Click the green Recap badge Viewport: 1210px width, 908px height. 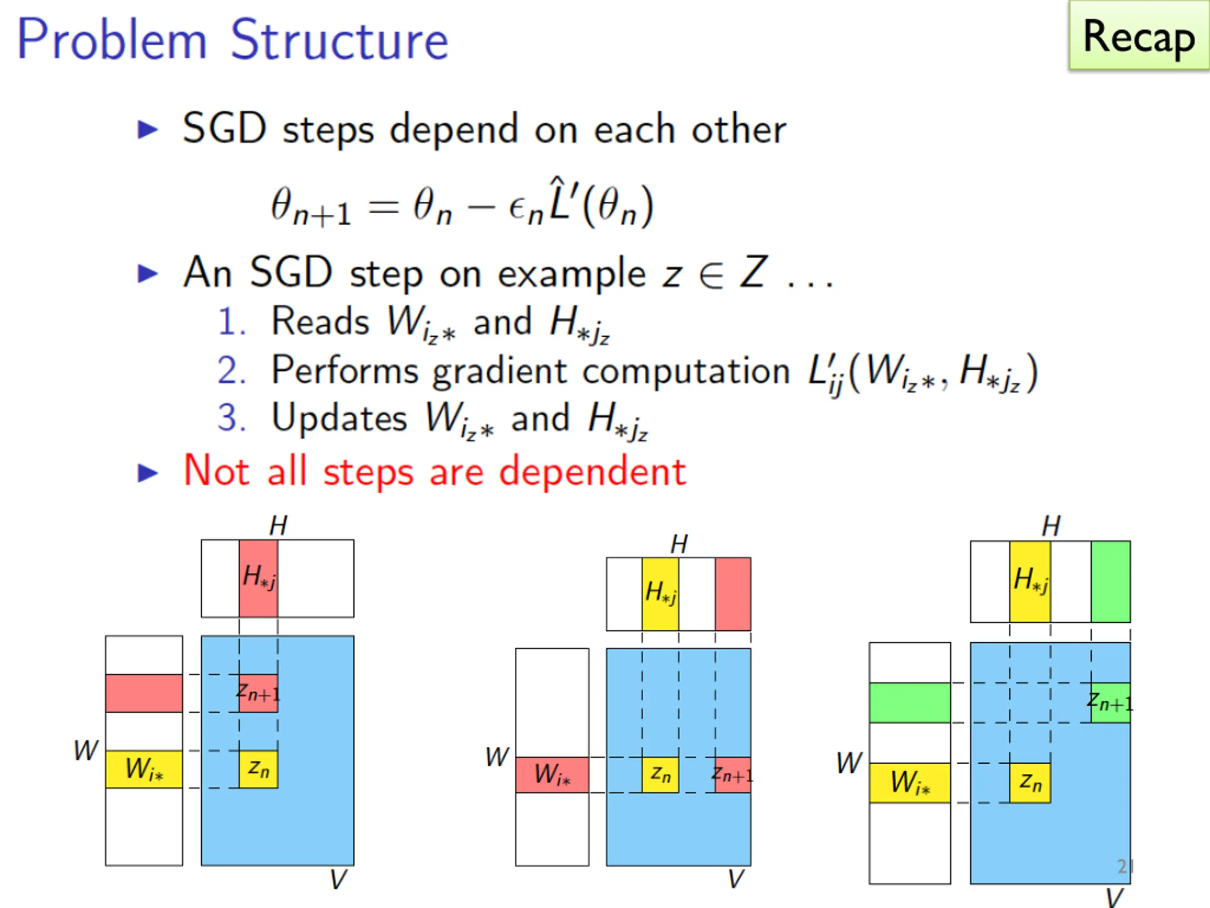pos(1140,35)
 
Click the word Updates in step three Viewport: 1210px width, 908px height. pos(339,419)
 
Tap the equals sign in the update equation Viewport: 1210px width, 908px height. pos(383,208)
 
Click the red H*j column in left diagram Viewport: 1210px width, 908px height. pos(258,578)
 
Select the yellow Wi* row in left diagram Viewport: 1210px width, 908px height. pos(144,769)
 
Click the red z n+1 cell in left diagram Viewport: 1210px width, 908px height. pos(258,693)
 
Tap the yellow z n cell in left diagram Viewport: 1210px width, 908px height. pos(258,769)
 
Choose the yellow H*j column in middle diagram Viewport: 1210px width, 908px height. pos(660,594)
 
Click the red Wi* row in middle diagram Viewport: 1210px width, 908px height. pos(553,775)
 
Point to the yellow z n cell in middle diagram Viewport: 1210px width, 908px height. pos(660,775)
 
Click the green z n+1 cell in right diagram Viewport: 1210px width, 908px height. pos(1110,703)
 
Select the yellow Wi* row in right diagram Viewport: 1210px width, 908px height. pos(910,783)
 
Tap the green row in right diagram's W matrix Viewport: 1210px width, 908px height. pos(910,703)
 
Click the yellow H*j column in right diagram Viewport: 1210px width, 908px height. pos(1030,582)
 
